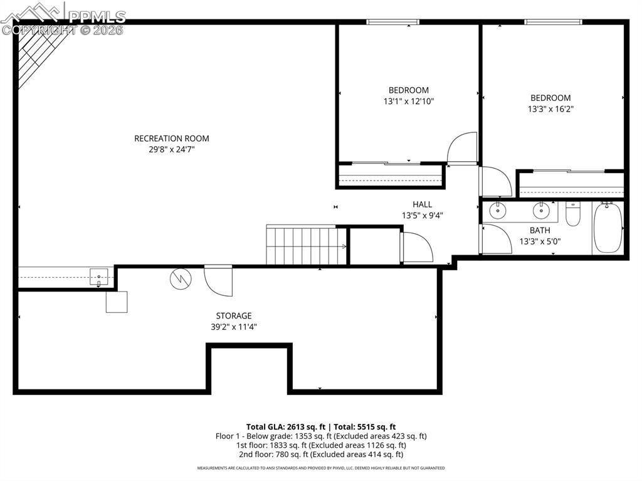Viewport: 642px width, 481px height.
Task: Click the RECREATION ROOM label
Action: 171,139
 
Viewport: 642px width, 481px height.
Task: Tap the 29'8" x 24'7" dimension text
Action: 171,150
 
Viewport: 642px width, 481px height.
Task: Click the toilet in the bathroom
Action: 573,214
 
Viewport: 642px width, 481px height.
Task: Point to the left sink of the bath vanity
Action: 498,210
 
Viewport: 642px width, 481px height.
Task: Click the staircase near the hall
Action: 307,246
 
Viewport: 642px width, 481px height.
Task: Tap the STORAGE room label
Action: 234,315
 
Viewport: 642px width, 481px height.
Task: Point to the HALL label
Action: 422,204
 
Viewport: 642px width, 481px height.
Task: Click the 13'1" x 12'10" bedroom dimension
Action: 409,101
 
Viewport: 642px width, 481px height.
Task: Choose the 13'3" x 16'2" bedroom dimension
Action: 550,108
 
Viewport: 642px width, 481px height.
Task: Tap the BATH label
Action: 539,230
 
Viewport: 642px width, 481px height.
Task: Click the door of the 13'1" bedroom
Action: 463,148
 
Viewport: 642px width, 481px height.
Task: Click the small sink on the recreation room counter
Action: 98,276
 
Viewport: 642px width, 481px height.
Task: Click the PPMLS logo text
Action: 97,16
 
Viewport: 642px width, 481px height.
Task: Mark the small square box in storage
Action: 116,302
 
